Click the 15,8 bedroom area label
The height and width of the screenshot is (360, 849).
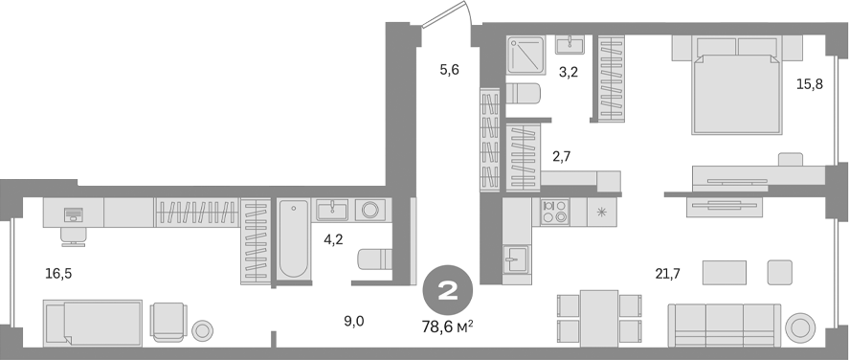tap(809, 84)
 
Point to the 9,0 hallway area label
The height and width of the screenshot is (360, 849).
tap(354, 322)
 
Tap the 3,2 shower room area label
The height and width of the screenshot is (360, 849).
tap(570, 71)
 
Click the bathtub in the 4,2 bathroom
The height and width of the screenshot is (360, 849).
tap(294, 241)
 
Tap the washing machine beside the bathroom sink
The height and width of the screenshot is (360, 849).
tap(369, 210)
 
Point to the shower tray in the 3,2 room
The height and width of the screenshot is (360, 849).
tap(526, 55)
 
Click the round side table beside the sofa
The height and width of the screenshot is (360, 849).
tap(798, 328)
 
